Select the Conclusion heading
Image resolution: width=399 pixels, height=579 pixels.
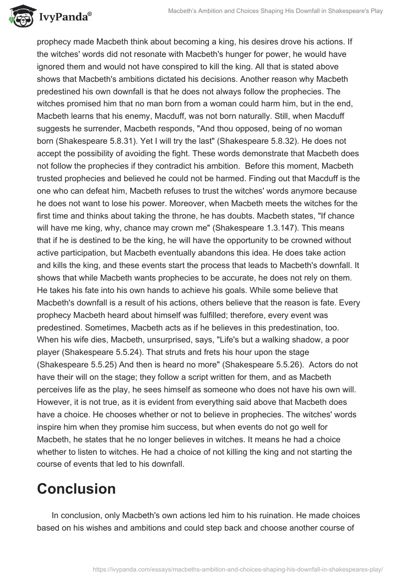tap(76, 489)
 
